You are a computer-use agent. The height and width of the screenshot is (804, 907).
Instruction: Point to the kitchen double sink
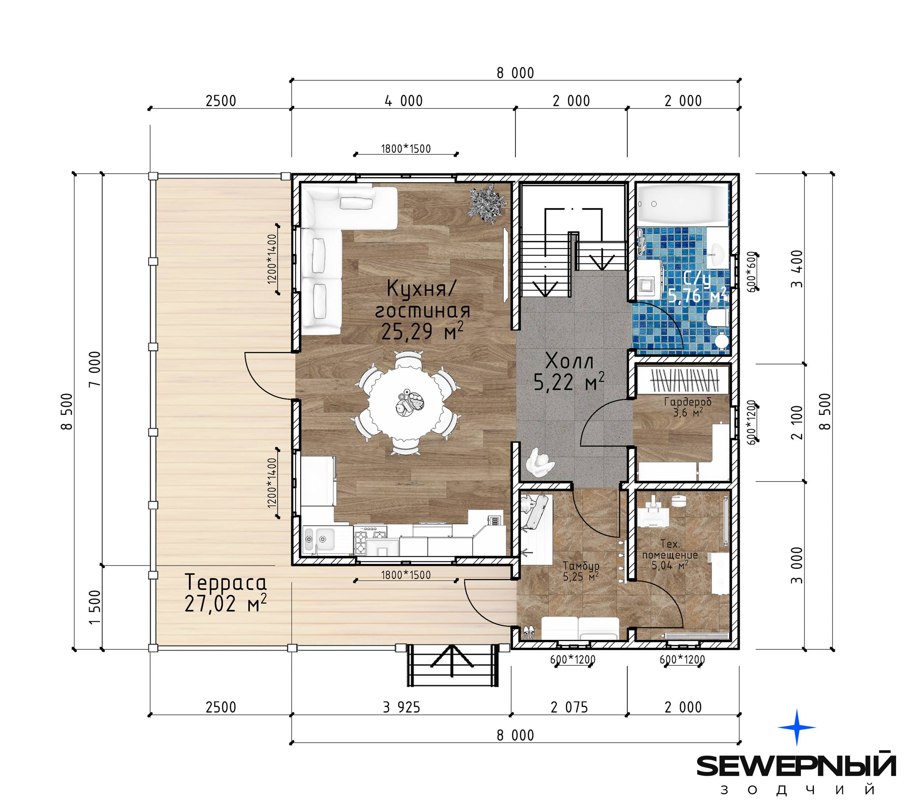(319, 539)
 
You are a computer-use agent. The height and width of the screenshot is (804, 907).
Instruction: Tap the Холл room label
(569, 361)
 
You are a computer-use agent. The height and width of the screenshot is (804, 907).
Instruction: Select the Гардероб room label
(688, 402)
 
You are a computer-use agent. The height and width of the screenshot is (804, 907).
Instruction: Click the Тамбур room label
(581, 566)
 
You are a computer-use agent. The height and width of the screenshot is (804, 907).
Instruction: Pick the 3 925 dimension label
(401, 707)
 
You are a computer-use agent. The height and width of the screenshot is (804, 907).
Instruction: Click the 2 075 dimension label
(569, 707)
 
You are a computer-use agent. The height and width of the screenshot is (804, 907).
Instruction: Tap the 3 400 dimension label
(797, 269)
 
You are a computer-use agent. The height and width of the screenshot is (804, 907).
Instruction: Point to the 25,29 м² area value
(422, 331)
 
